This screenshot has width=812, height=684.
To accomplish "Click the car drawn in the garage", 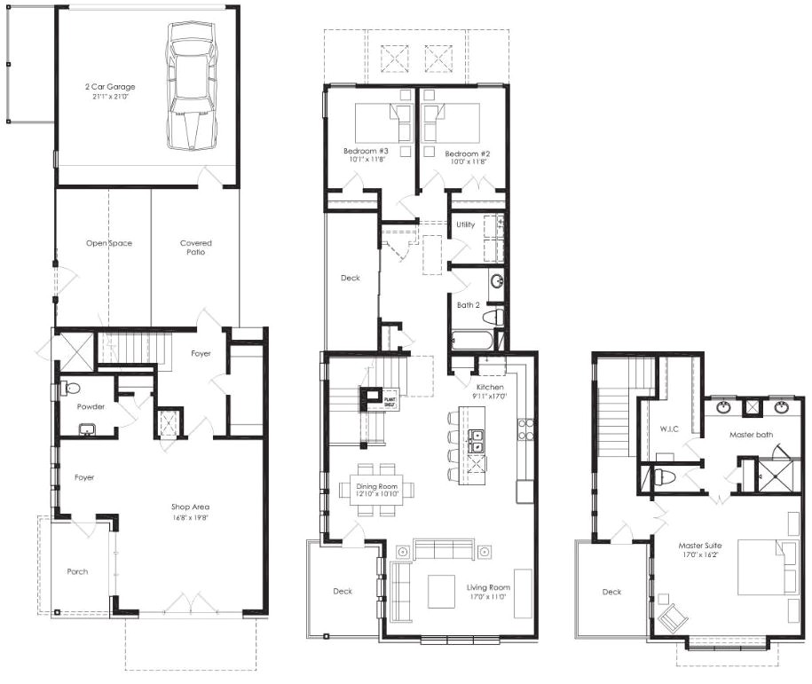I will click(191, 85).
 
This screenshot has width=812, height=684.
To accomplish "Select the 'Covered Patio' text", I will click(196, 247).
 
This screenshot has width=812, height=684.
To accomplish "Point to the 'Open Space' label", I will click(108, 243).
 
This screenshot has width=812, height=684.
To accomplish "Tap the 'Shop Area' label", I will click(190, 507).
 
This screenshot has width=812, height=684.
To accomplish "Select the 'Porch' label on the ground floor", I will click(77, 571).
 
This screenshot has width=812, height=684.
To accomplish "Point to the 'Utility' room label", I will click(465, 224).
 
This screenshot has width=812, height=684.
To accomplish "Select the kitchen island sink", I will click(477, 441).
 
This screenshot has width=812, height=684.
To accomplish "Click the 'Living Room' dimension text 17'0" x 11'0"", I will click(486, 597).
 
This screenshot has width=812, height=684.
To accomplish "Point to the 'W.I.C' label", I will click(668, 429).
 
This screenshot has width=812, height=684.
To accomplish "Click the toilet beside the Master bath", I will click(664, 476).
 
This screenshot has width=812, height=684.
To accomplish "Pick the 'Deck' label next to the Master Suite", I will click(611, 592).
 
